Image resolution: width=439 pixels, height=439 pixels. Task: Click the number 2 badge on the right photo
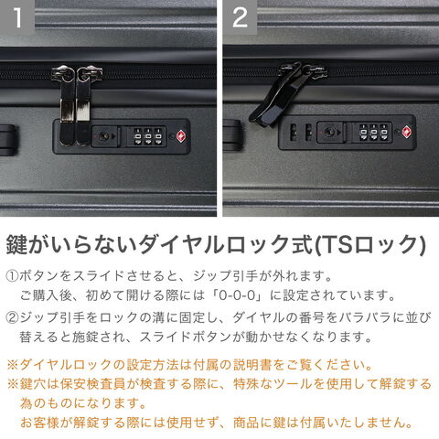(240, 17)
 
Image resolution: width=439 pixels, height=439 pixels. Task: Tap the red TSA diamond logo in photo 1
(181, 136)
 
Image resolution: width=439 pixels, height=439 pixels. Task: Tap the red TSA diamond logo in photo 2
(407, 133)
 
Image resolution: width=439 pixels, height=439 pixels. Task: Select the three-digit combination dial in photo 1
(147, 136)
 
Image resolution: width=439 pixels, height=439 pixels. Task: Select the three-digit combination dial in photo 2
(373, 133)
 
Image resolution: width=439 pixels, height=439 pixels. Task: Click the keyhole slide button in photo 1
(105, 136)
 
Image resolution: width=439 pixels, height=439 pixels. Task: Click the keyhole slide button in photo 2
(331, 133)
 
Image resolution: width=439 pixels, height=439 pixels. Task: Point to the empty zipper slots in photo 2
(301, 132)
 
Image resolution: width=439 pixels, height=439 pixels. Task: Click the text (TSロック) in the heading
(369, 244)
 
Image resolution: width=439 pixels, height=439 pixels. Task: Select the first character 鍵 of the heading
(16, 244)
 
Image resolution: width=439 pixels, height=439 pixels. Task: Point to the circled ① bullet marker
(12, 276)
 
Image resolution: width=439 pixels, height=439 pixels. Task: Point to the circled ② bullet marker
(12, 317)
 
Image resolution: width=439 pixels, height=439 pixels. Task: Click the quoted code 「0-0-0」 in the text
(238, 295)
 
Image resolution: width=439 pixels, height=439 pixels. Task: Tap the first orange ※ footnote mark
(13, 365)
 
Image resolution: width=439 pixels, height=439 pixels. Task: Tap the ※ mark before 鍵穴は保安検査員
(13, 384)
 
